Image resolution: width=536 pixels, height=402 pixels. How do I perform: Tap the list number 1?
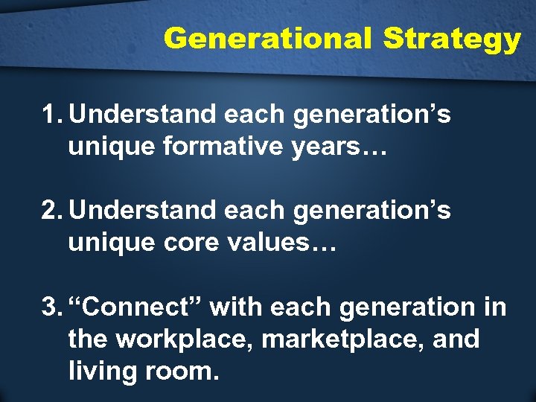(x=51, y=115)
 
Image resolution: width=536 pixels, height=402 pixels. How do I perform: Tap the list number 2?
(x=52, y=211)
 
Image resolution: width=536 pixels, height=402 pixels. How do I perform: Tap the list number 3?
(x=52, y=307)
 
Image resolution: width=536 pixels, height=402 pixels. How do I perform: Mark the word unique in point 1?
(x=108, y=147)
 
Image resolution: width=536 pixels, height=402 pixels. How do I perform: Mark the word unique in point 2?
(x=108, y=243)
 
